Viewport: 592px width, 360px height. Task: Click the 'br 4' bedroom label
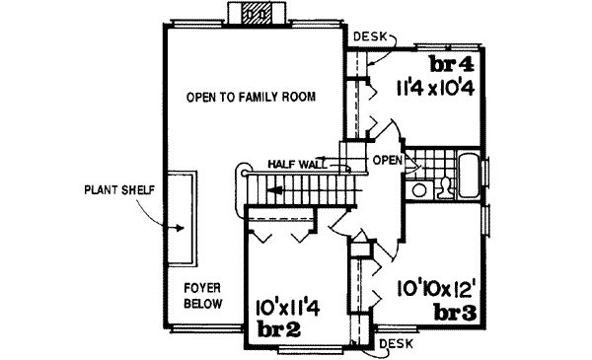point(454,66)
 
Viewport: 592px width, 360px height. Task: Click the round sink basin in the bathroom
point(419,187)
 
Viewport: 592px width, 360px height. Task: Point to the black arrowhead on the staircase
point(279,189)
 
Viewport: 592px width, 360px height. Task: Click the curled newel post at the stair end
point(239,174)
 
